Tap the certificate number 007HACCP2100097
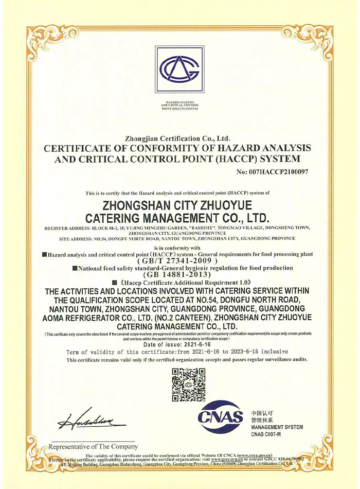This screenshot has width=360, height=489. (x=273, y=171)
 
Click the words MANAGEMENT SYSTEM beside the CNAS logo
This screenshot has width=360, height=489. (x=277, y=427)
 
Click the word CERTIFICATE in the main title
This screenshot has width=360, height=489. (x=78, y=148)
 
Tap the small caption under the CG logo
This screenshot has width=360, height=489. (x=179, y=107)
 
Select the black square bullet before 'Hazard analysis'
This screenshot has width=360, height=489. (x=45, y=254)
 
